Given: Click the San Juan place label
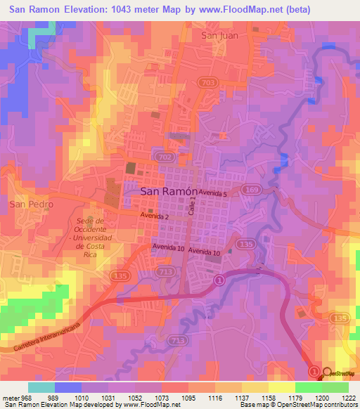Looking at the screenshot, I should pos(219,34).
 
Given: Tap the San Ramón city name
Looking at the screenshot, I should pos(167,190).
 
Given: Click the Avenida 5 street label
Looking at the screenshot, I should pos(214,193).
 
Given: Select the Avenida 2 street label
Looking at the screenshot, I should pos(154,216).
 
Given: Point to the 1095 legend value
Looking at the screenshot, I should pos(190,397).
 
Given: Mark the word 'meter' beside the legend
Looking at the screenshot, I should pos(10,397).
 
